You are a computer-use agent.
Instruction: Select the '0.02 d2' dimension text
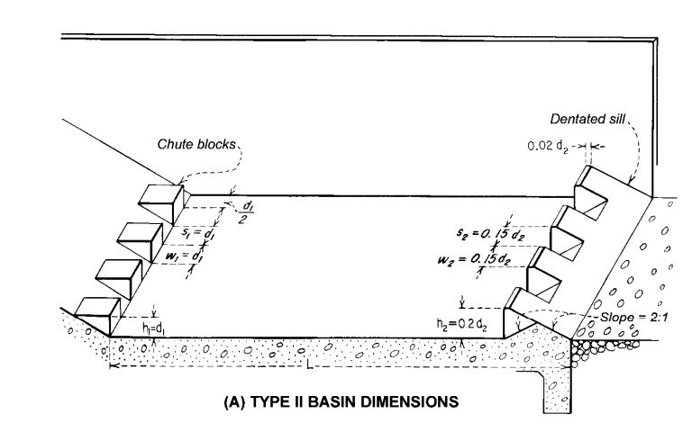(x=551, y=145)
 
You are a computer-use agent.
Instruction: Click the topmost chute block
(x=162, y=202)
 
